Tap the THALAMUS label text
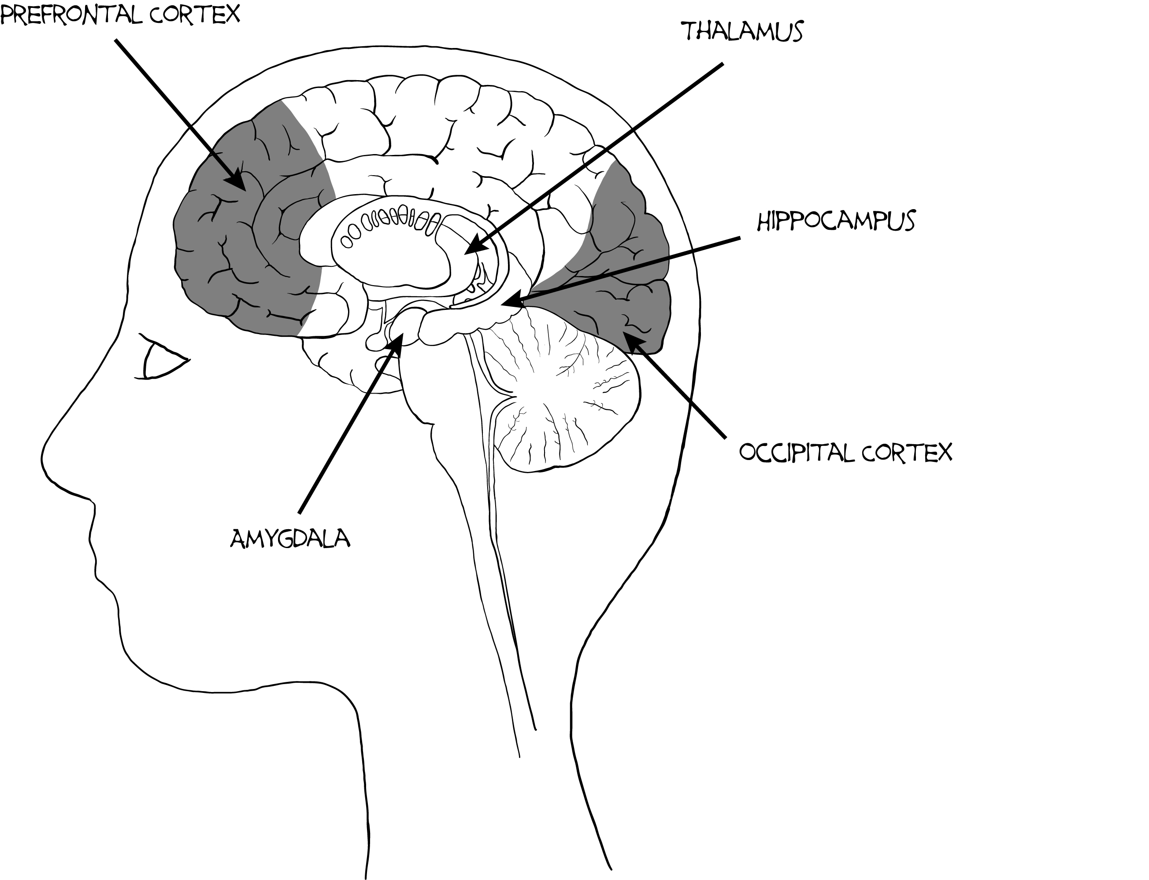[742, 31]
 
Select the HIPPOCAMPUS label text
[836, 221]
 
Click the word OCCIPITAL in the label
[794, 452]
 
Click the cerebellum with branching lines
[566, 398]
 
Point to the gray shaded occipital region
[629, 262]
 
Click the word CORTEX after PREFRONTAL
[194, 15]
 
